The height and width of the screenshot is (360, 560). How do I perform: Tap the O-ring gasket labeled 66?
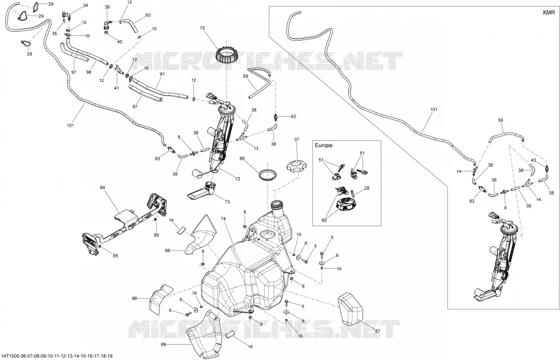click(x=268, y=175)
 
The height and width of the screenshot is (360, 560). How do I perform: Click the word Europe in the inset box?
click(x=324, y=146)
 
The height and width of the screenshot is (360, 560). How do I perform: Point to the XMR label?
click(x=549, y=12)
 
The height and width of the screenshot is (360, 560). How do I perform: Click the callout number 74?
click(x=223, y=219)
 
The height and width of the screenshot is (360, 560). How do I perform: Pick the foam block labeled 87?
click(x=351, y=309)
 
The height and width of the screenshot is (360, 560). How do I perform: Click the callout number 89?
click(x=163, y=345)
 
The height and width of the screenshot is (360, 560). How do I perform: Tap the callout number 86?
click(x=134, y=298)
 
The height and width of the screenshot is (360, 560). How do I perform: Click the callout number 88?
click(x=167, y=251)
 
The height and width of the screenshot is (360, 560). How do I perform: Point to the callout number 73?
click(x=228, y=202)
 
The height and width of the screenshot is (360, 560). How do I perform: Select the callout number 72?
click(x=238, y=179)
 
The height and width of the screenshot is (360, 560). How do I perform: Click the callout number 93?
click(x=148, y=15)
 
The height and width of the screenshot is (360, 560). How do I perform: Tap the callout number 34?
click(x=85, y=5)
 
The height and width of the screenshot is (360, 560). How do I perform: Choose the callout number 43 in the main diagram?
click(x=293, y=117)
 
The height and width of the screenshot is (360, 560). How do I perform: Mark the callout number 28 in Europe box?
click(x=367, y=188)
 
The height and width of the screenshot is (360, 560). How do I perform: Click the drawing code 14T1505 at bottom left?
click(x=9, y=356)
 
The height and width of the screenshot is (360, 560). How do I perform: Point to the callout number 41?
click(x=117, y=88)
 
